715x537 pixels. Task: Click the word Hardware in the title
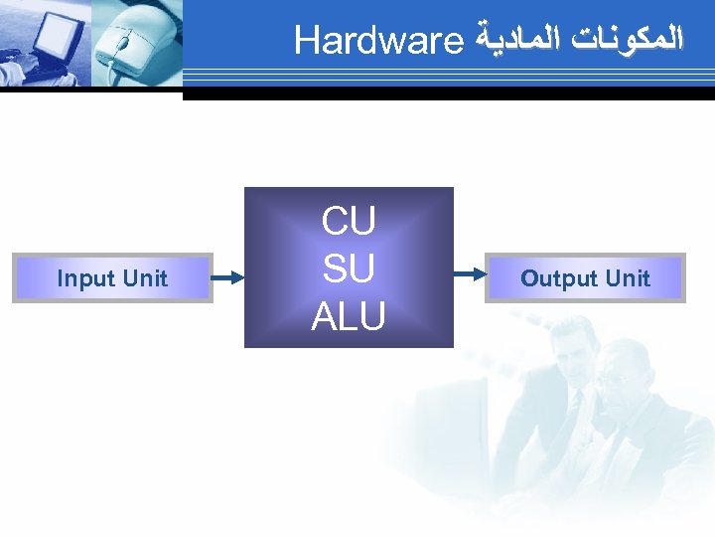click(x=379, y=42)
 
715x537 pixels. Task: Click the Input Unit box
click(x=112, y=278)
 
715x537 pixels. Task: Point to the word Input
click(x=85, y=278)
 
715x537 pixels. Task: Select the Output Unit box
click(x=585, y=278)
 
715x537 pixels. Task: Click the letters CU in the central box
click(x=349, y=222)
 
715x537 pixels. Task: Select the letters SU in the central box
click(x=349, y=268)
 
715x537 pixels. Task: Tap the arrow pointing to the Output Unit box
click(x=470, y=268)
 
